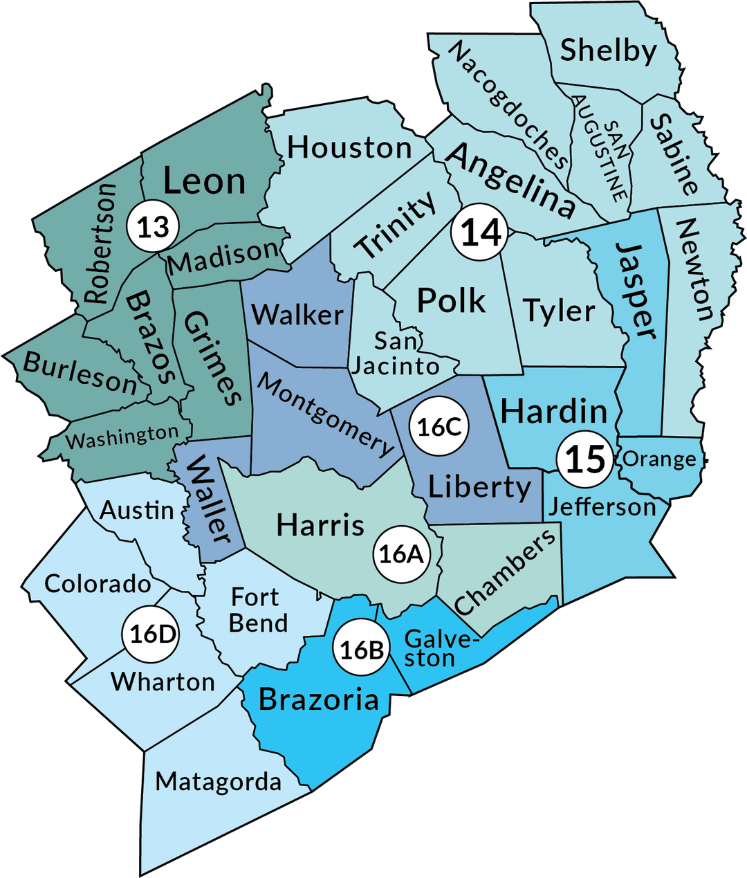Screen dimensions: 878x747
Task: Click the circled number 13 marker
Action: (x=153, y=226)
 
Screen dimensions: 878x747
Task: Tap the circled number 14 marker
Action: (x=481, y=232)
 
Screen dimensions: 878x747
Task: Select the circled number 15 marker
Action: (x=585, y=459)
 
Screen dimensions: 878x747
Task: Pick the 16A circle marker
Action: (x=400, y=554)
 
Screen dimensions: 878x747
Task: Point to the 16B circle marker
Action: (x=362, y=649)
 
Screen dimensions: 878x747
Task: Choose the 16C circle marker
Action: (x=439, y=427)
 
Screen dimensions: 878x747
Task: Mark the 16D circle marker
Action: (x=150, y=634)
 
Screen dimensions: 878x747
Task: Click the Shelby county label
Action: (x=608, y=51)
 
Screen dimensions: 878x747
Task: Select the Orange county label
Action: (x=659, y=459)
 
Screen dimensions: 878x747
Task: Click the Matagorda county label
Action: (x=218, y=782)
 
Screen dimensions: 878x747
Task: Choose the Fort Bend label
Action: (x=258, y=610)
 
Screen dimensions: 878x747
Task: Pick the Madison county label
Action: (x=223, y=258)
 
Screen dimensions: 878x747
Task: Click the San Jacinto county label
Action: (x=396, y=353)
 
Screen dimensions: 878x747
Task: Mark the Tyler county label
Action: (x=559, y=311)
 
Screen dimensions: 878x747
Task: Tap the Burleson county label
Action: (x=80, y=372)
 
